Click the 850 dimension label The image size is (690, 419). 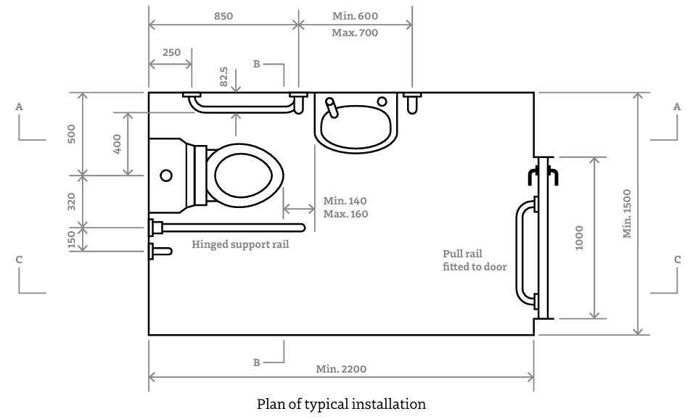pyautogui.click(x=223, y=15)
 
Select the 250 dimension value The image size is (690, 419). pyautogui.click(x=172, y=53)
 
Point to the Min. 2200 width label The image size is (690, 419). pyautogui.click(x=341, y=369)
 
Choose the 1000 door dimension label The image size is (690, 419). pyautogui.click(x=579, y=237)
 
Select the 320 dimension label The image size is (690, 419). pyautogui.click(x=71, y=201)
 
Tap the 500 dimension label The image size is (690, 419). pyautogui.click(x=71, y=133)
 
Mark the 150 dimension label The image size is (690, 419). pyautogui.click(x=71, y=239)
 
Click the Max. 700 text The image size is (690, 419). pyautogui.click(x=355, y=33)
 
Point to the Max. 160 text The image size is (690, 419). pyautogui.click(x=345, y=214)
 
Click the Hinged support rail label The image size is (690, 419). pyautogui.click(x=240, y=244)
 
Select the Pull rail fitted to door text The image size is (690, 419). pyautogui.click(x=475, y=260)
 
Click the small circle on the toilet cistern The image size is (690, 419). pyautogui.click(x=166, y=175)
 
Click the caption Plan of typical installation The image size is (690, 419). pyautogui.click(x=341, y=404)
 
